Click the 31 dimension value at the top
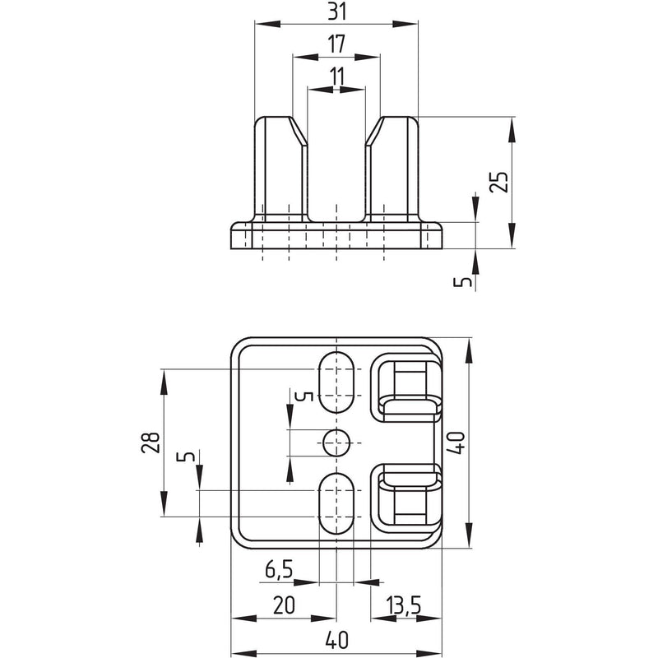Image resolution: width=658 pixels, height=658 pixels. tap(337, 12)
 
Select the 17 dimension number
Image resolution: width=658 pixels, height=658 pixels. tap(336, 44)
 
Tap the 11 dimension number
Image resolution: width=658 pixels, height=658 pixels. tap(336, 76)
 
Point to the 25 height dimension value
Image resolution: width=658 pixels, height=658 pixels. tap(499, 181)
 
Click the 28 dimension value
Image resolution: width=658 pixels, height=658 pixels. tap(151, 443)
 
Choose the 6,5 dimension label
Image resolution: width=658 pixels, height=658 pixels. tap(279, 570)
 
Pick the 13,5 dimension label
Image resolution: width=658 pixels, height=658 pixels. tap(404, 605)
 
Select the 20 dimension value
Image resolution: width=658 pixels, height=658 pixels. tap(284, 605)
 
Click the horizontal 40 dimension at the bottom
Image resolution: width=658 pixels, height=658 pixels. tap(336, 641)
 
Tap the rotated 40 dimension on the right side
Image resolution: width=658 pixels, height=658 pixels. tap(458, 443)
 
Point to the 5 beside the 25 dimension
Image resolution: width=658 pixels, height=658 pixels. tap(463, 282)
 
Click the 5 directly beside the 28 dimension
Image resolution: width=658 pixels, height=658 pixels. tap(186, 456)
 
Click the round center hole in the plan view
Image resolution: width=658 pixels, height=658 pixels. tap(336, 443)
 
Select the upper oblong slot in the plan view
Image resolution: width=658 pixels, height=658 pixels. tap(336, 382)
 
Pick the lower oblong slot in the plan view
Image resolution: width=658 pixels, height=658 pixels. tap(336, 503)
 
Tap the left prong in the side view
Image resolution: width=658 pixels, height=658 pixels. tap(280, 169)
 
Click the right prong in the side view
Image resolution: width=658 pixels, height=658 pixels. tap(392, 169)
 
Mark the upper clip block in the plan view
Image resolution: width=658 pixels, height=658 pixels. tap(406, 387)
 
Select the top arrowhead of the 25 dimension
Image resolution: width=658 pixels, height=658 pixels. tap(512, 130)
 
